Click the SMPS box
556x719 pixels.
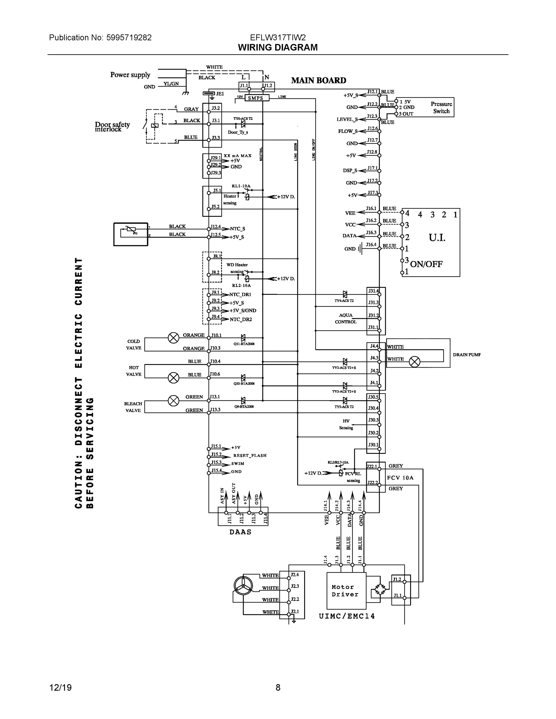[255, 98]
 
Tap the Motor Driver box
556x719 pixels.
[346, 590]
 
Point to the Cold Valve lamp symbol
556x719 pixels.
[174, 338]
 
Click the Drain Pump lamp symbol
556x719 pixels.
[414, 362]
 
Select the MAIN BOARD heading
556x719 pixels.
[319, 80]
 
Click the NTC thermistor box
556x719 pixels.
[130, 234]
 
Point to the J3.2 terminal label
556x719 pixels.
[216, 108]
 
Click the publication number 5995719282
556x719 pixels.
[129, 37]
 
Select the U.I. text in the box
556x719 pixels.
[437, 237]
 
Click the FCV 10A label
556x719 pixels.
[400, 478]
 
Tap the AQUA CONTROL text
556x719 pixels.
[346, 318]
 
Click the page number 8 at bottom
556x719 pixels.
[278, 688]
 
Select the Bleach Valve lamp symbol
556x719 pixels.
[174, 401]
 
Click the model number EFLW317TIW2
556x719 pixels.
[278, 37]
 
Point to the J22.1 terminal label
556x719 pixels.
[372, 466]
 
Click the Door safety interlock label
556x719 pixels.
[112, 127]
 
